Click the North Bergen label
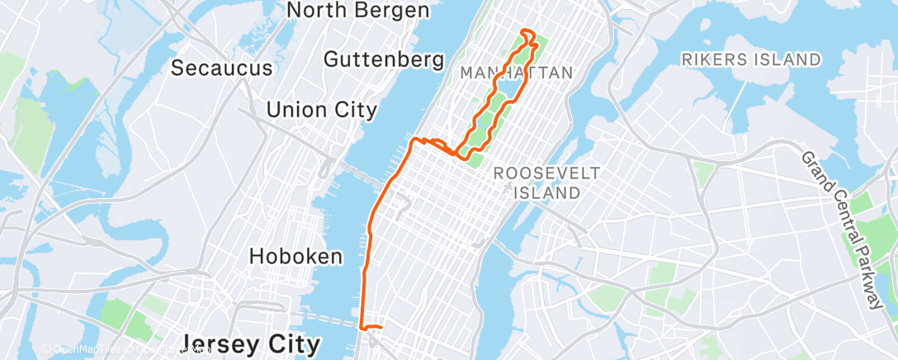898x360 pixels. click(x=357, y=10)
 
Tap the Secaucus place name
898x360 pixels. click(x=211, y=68)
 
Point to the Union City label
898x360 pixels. click(x=322, y=109)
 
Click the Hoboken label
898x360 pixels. click(x=295, y=256)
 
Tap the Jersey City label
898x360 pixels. click(x=251, y=343)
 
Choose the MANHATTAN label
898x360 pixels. click(x=516, y=73)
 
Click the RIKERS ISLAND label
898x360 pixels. click(x=751, y=59)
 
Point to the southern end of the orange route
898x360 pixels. click(x=362, y=328)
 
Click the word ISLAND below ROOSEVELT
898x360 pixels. click(x=546, y=192)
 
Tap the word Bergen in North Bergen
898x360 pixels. click(x=390, y=10)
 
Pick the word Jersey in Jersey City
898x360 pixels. click(x=219, y=343)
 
